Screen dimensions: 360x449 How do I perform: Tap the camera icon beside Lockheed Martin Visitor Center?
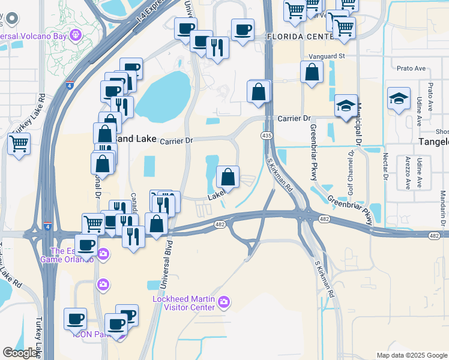pyautogui.click(x=224, y=301)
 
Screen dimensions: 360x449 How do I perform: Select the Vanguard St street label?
pyautogui.click(x=327, y=56)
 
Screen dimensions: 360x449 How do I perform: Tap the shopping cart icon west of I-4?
pyautogui.click(x=19, y=144)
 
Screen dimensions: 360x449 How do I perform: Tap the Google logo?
pyautogui.click(x=20, y=353)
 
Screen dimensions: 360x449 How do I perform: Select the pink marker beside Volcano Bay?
pyautogui.click(x=75, y=35)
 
